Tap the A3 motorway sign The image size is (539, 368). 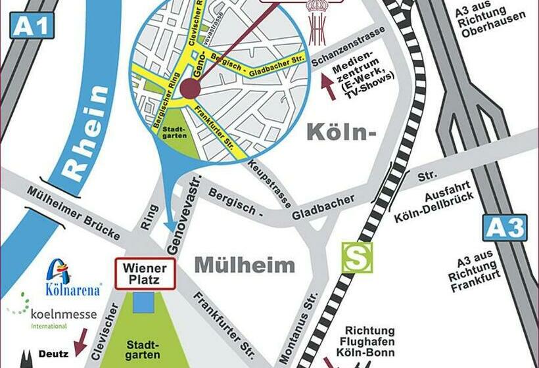(505, 227)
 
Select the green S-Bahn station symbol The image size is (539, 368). (356, 257)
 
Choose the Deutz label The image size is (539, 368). (53, 354)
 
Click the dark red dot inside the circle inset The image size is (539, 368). (190, 89)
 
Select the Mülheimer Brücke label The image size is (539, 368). (74, 214)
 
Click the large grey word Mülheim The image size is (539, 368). (245, 265)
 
